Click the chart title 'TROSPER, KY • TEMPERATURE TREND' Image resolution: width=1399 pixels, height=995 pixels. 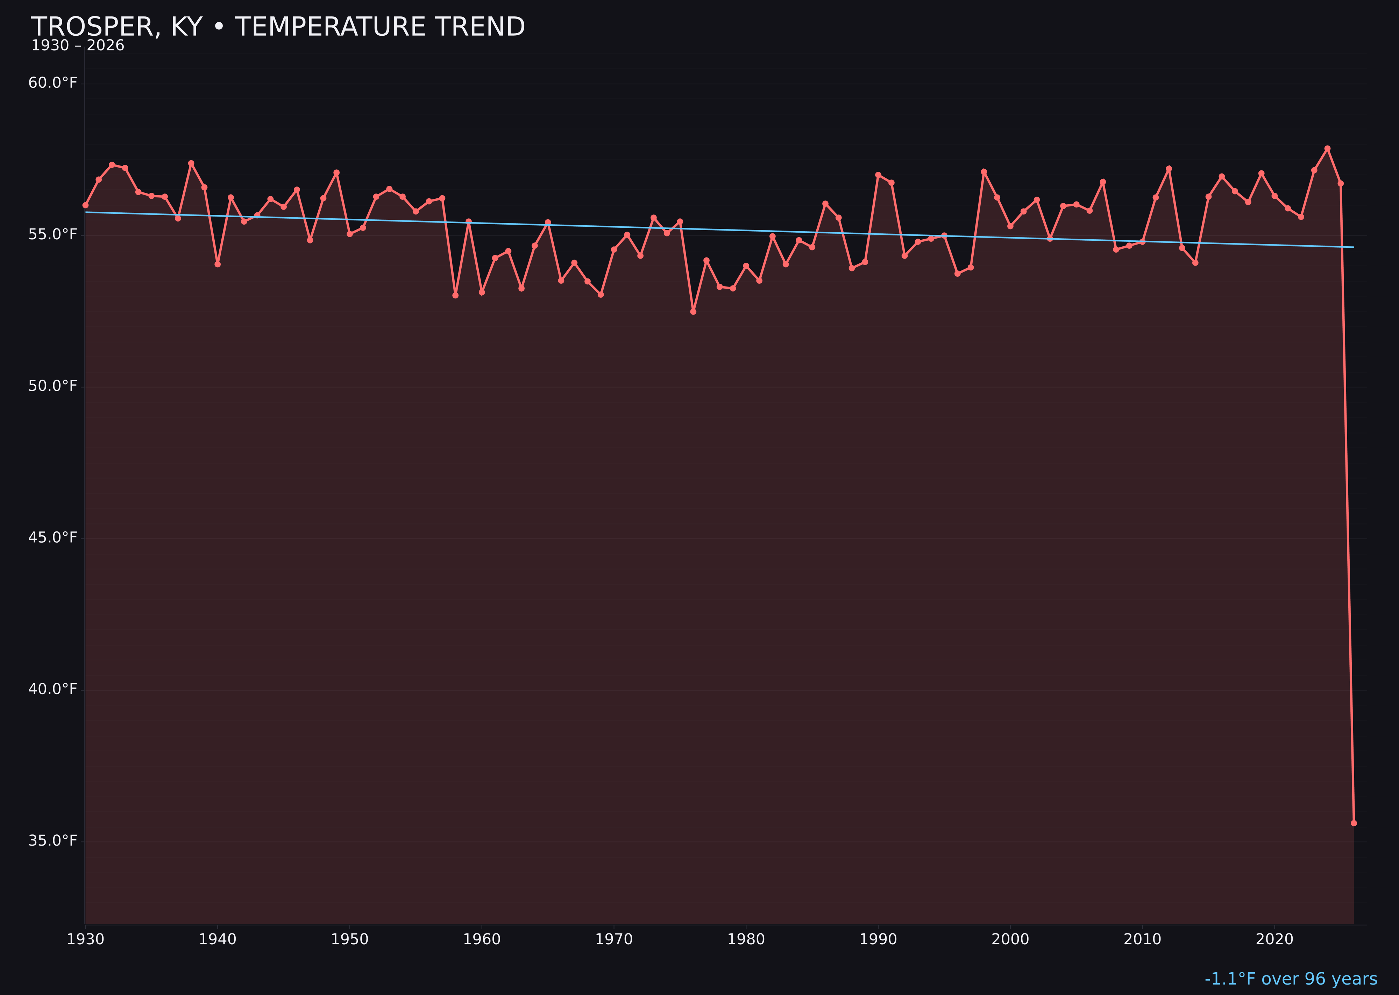tap(277, 27)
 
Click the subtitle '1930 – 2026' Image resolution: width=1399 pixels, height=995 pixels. tap(78, 46)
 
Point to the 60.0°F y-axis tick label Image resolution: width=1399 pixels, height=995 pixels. tap(53, 83)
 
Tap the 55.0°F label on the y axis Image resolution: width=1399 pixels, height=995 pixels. tap(53, 235)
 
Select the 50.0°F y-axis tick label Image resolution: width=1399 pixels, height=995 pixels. tap(53, 386)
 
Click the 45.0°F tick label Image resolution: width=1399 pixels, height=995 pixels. tap(53, 537)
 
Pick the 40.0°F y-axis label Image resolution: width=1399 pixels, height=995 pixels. tap(53, 689)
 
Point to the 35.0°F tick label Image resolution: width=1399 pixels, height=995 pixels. tap(53, 841)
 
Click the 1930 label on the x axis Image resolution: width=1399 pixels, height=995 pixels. tap(85, 939)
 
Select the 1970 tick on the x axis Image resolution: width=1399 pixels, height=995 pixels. tap(614, 939)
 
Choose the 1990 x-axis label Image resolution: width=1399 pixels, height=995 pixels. tap(878, 939)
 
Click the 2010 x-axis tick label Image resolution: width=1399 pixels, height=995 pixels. tap(1142, 939)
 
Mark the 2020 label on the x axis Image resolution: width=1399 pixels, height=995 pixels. tap(1274, 939)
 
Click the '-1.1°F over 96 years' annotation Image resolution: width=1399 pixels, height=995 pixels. tap(1291, 979)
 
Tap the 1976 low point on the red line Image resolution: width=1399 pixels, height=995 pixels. tap(693, 312)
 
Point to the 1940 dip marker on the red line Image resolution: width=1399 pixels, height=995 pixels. tap(218, 264)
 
